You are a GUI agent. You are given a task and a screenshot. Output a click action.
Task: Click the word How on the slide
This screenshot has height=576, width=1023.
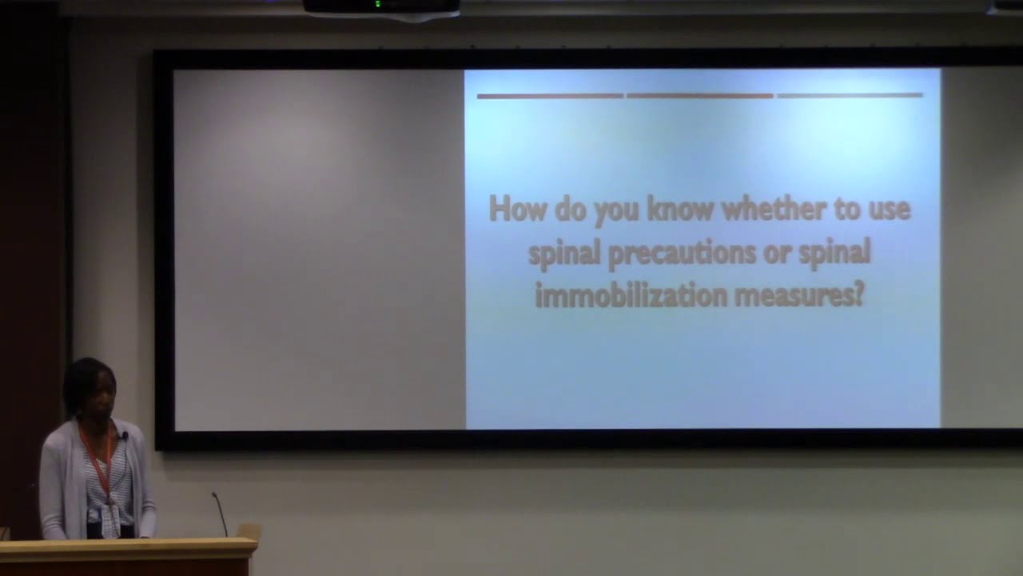coord(517,210)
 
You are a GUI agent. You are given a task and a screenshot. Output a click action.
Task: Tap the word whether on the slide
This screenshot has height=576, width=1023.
coord(774,209)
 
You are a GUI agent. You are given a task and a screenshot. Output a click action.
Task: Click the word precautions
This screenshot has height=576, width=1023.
coord(682,254)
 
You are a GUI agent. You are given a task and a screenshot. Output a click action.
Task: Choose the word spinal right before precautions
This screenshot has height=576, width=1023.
coord(564,254)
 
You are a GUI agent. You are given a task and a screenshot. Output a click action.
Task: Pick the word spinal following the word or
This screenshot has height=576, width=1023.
coord(834,254)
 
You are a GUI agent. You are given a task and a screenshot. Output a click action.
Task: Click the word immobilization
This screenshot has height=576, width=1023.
coord(631,295)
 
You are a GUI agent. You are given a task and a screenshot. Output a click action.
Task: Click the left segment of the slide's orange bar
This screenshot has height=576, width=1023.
coord(551,96)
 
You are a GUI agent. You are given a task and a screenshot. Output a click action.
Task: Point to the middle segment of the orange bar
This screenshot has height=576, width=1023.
coord(699,96)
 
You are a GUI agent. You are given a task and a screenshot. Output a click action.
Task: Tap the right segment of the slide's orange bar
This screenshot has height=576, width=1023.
coord(850,95)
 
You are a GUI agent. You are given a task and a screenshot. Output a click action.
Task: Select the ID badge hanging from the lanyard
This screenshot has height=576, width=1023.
coord(110,520)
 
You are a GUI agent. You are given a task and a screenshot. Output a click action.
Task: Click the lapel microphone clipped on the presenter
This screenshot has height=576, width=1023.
coord(124,435)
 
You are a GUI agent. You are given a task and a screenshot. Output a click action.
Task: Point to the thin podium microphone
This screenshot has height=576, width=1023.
coord(220,514)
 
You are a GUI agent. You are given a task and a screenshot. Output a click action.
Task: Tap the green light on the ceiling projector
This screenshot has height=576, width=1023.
coord(378,4)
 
